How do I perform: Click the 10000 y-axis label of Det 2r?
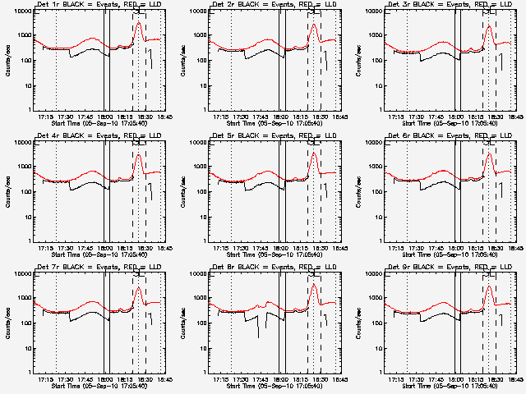[196, 11]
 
